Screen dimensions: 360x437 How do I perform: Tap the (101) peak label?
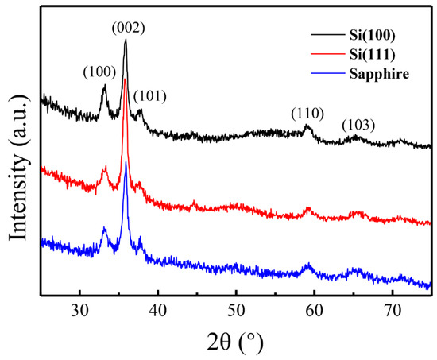[149, 97]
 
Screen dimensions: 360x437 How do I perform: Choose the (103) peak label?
[358, 126]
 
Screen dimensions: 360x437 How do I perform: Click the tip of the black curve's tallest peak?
[125, 41]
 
